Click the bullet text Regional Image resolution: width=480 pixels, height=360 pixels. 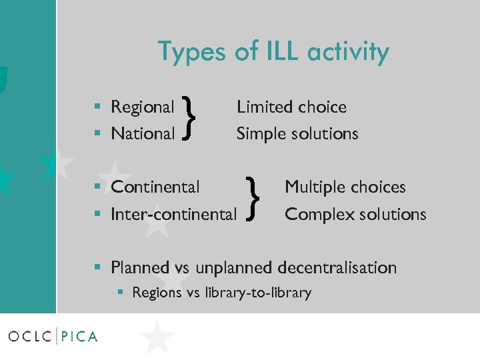(x=142, y=107)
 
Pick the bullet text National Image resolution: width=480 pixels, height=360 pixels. (x=142, y=133)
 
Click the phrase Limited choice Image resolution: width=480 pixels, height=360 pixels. (x=291, y=107)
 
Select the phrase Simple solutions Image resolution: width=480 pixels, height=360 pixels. (x=297, y=133)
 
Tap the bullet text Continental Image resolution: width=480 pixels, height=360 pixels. (x=155, y=187)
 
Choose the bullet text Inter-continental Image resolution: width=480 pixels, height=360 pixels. (x=173, y=214)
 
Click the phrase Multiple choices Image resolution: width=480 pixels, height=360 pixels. (x=345, y=187)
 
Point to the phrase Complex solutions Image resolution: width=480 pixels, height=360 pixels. (x=355, y=214)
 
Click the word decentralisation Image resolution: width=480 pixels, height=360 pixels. (x=337, y=267)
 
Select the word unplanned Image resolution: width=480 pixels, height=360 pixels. (x=231, y=267)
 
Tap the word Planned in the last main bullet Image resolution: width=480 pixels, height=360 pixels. (x=140, y=267)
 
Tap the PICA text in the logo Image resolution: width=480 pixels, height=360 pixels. (x=79, y=336)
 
